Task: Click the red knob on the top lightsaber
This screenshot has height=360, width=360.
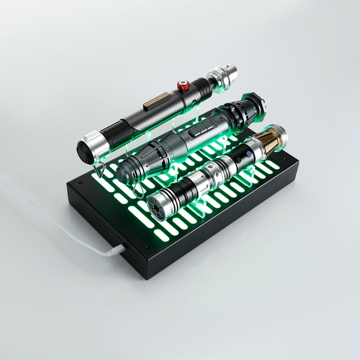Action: tap(183, 85)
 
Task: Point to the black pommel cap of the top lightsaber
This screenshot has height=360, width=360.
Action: tap(84, 152)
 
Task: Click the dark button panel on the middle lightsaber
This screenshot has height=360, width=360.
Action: tap(201, 129)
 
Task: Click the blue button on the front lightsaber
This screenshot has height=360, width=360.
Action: tap(249, 154)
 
